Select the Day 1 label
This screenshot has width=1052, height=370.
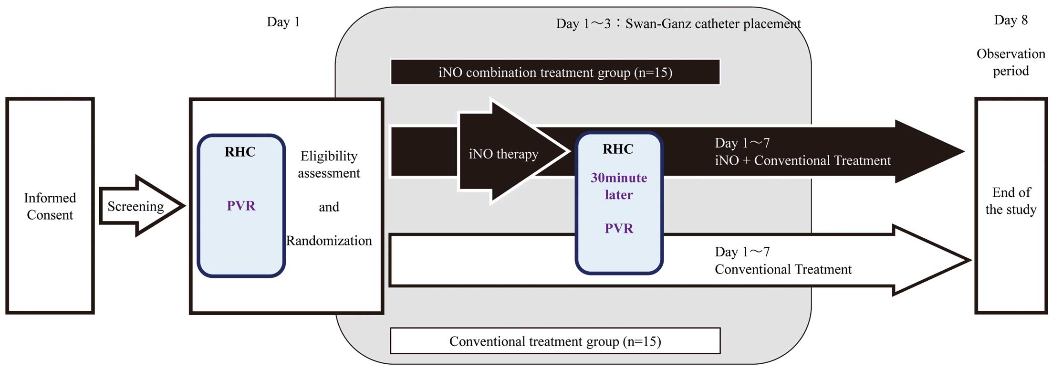[x=283, y=22]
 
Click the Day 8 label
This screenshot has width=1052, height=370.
[x=1010, y=20]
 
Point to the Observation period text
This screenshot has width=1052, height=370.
[x=1010, y=62]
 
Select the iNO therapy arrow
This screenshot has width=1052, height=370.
[x=513, y=152]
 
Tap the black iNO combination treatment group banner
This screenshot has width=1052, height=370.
[x=555, y=72]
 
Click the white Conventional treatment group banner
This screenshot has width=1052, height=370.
[x=555, y=341]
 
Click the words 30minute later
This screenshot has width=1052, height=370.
[x=619, y=186]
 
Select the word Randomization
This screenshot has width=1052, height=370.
[x=329, y=241]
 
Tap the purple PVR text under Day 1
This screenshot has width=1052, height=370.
[x=241, y=206]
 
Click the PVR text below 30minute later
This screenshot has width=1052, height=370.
[x=619, y=228]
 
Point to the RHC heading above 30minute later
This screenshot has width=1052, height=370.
[x=618, y=149]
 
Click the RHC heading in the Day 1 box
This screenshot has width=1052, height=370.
[x=240, y=152]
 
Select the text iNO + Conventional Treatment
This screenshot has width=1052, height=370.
[x=802, y=160]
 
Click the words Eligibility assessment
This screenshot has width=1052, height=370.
[x=329, y=164]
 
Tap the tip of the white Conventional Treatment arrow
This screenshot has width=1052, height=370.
[x=970, y=260]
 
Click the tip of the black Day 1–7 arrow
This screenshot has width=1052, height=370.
[x=964, y=152]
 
